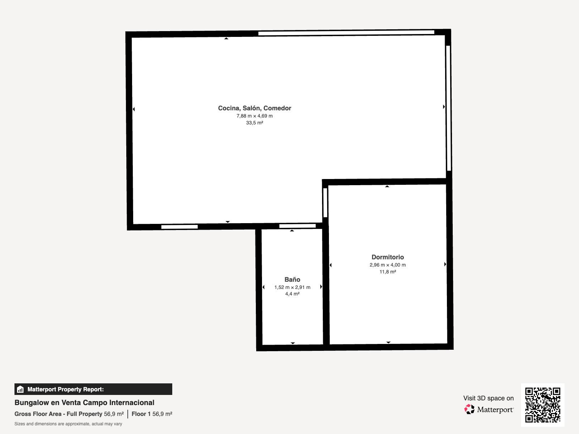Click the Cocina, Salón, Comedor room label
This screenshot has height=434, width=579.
[x=254, y=108]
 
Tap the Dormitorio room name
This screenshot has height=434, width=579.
[x=388, y=257]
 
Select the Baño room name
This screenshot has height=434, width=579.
[x=292, y=279]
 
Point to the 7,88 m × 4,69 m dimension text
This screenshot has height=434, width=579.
[x=254, y=116]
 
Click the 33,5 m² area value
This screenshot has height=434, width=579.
[x=254, y=123]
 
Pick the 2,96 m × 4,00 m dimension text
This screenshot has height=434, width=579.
[x=388, y=265]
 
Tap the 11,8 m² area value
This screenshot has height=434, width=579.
[x=388, y=272]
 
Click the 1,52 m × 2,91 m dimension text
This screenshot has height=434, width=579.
[x=292, y=287]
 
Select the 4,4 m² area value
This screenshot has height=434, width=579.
[x=292, y=294]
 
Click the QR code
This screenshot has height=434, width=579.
[x=542, y=405]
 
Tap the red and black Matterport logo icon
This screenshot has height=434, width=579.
[x=469, y=409]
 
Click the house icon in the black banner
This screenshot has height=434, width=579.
[x=20, y=389]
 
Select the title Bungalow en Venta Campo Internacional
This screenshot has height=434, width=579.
[x=84, y=403]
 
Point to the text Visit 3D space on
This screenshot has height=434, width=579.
[x=489, y=398]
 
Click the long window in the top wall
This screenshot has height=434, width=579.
[x=346, y=33]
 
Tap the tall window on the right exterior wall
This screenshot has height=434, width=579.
[x=448, y=108]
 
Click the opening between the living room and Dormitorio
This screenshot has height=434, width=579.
[x=325, y=203]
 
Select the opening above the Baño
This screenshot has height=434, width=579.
[x=297, y=226]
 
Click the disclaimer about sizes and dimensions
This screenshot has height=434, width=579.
[x=68, y=424]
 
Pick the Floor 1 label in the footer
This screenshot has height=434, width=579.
[x=141, y=414]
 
